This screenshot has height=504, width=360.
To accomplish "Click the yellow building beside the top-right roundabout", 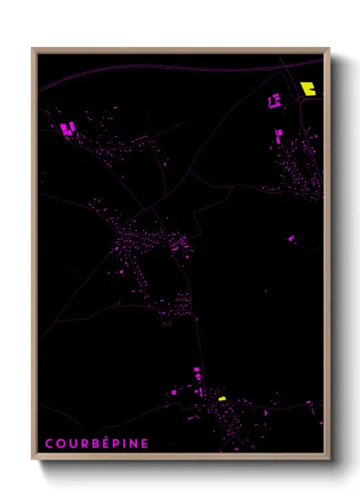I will click(309, 87).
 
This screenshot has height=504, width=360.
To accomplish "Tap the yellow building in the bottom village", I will click(221, 399).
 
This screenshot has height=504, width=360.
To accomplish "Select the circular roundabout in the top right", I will click(302, 99).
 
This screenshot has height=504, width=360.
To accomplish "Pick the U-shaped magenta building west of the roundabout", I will click(274, 101).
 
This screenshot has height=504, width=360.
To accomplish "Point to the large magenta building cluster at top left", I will click(68, 129).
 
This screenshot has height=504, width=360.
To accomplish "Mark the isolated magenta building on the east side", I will click(291, 237).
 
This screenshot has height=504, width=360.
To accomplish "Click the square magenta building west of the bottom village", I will click(175, 391).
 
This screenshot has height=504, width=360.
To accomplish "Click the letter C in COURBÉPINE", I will click(48, 444).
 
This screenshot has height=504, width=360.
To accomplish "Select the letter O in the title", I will click(60, 444).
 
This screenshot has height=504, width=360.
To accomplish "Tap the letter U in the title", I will click(72, 444).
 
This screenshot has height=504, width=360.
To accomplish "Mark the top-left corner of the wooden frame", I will click(33, 49).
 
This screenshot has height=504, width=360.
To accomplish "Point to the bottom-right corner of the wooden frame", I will click(329, 459).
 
